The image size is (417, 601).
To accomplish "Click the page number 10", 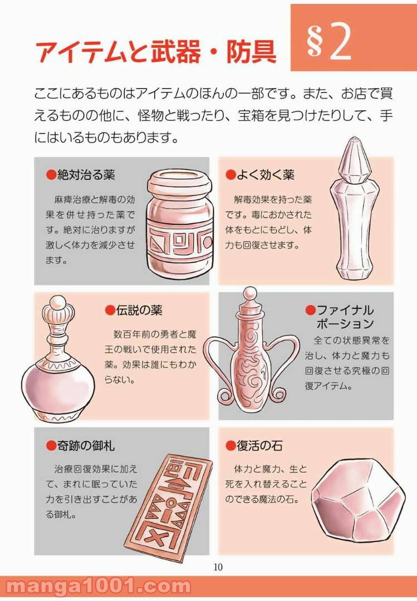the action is (218, 567).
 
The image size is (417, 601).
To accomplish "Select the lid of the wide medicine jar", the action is (180, 183).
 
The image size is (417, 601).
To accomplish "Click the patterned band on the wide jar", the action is (179, 242).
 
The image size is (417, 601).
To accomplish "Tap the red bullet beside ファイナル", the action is (310, 310).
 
